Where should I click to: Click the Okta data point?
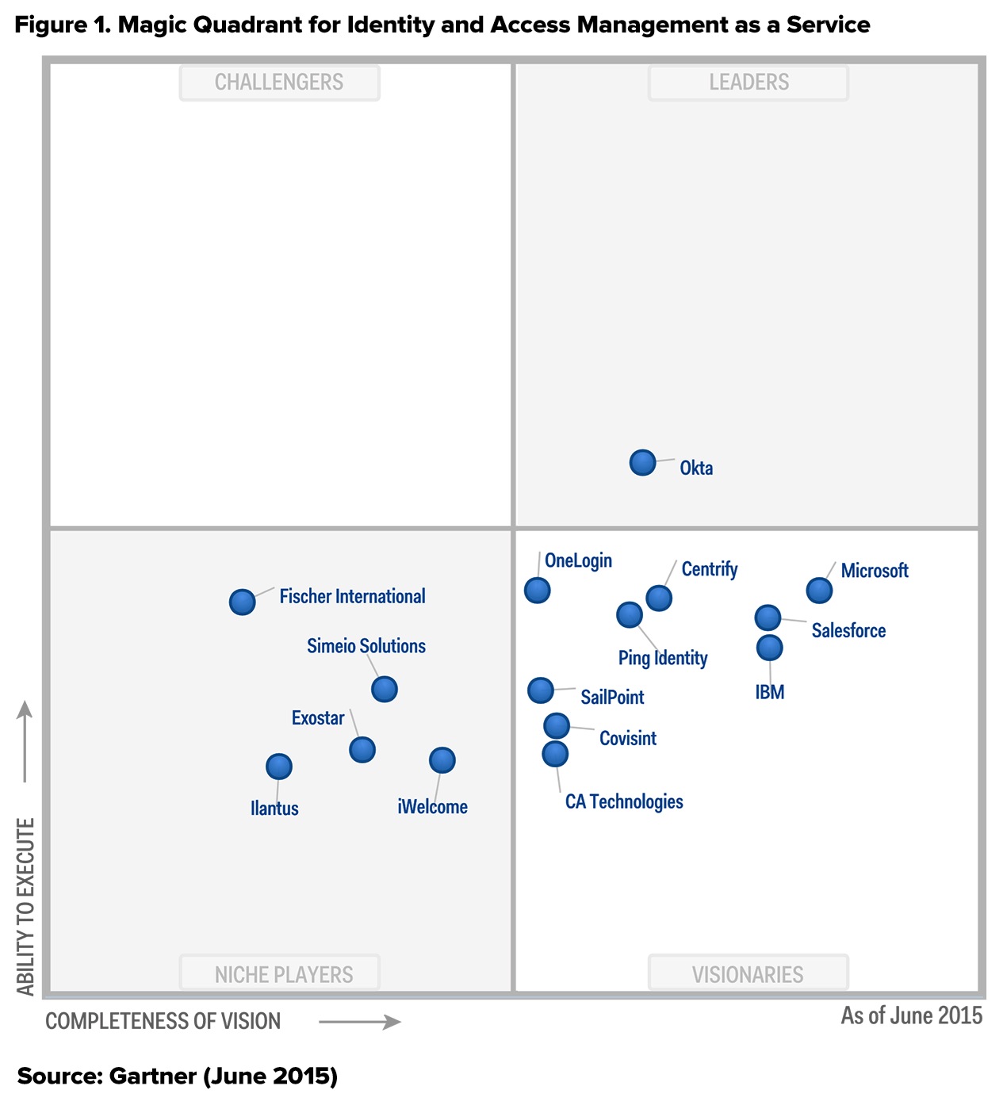(642, 462)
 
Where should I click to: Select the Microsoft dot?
(819, 590)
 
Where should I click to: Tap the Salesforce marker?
(768, 617)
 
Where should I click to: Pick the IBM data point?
(769, 648)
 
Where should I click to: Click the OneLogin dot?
(537, 590)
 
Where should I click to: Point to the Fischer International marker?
(242, 602)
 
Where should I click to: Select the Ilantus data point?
(278, 766)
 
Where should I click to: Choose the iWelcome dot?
(442, 760)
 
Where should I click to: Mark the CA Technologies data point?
(555, 753)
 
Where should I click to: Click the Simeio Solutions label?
(366, 646)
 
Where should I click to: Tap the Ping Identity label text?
(663, 658)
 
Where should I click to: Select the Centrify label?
(710, 569)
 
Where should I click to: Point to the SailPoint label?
(612, 698)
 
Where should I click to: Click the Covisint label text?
(628, 739)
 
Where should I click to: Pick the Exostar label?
(318, 718)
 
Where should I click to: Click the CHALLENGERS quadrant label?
(279, 82)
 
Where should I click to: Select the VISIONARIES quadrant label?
(748, 974)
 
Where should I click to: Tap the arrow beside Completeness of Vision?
(360, 1022)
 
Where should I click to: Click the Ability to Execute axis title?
(26, 907)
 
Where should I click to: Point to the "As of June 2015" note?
(911, 1015)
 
